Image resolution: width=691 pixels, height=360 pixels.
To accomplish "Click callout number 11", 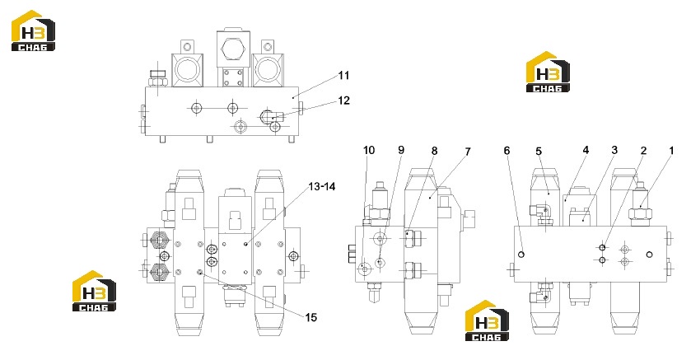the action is (x=343, y=75).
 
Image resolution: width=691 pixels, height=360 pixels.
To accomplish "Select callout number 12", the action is (x=343, y=101).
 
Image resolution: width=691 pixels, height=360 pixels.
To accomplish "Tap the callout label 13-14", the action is (x=322, y=186).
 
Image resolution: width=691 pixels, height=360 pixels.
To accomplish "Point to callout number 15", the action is (x=311, y=317).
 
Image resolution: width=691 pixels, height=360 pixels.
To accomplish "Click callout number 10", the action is (x=369, y=150).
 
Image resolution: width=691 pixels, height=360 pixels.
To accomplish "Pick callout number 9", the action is (x=401, y=150).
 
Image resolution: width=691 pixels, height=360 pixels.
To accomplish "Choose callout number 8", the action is (x=434, y=151).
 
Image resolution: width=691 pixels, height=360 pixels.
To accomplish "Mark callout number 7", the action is (x=468, y=152).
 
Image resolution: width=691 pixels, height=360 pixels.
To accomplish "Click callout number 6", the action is (x=507, y=151).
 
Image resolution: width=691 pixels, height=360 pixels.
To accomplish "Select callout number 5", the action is (x=539, y=151).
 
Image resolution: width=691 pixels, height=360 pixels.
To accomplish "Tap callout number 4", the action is (x=586, y=150).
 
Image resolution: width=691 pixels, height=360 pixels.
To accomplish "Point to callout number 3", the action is (x=614, y=150).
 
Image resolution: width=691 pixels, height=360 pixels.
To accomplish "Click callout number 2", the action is (x=643, y=151).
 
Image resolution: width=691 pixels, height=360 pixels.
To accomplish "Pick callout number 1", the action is (x=671, y=150).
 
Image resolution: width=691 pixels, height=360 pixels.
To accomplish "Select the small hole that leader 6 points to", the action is (x=521, y=255).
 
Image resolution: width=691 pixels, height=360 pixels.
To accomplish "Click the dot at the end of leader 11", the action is (x=293, y=96).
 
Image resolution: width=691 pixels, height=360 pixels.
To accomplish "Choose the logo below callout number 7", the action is (x=487, y=320).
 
